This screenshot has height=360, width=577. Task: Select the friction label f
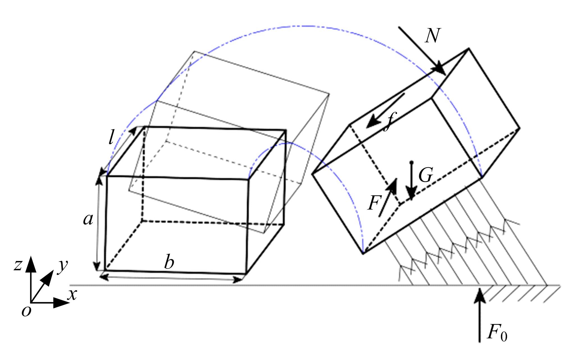tap(389, 122)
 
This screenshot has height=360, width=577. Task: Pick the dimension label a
tap(88, 219)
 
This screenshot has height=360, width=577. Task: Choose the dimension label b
tap(169, 263)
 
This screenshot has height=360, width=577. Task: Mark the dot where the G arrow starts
tap(411, 162)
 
